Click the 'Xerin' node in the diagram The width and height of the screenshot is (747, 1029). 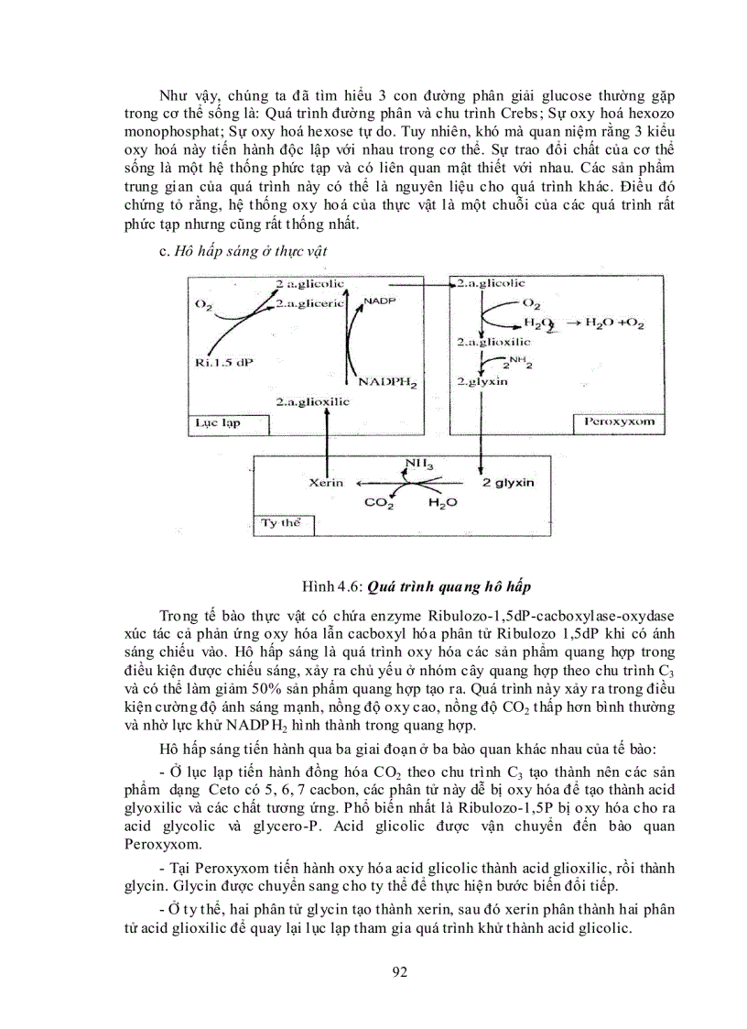click(x=325, y=481)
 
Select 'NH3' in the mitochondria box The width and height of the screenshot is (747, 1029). click(x=423, y=465)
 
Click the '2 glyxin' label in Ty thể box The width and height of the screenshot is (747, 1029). click(x=508, y=481)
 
